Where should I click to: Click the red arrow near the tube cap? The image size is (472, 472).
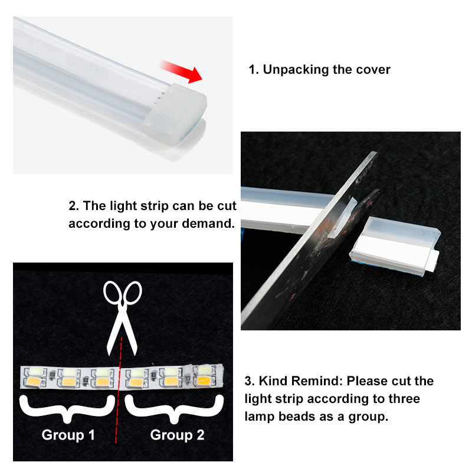pyautogui.click(x=181, y=71)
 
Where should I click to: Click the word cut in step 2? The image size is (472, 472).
pyautogui.click(x=227, y=206)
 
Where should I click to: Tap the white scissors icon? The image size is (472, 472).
pyautogui.click(x=122, y=318)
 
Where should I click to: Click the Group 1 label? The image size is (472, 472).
pyautogui.click(x=68, y=435)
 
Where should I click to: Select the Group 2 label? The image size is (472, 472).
pyautogui.click(x=178, y=435)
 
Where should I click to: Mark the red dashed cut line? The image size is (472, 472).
pyautogui.click(x=119, y=390)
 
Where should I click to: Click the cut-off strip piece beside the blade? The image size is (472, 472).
pyautogui.click(x=395, y=246)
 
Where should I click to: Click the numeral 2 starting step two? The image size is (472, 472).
pyautogui.click(x=73, y=206)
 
